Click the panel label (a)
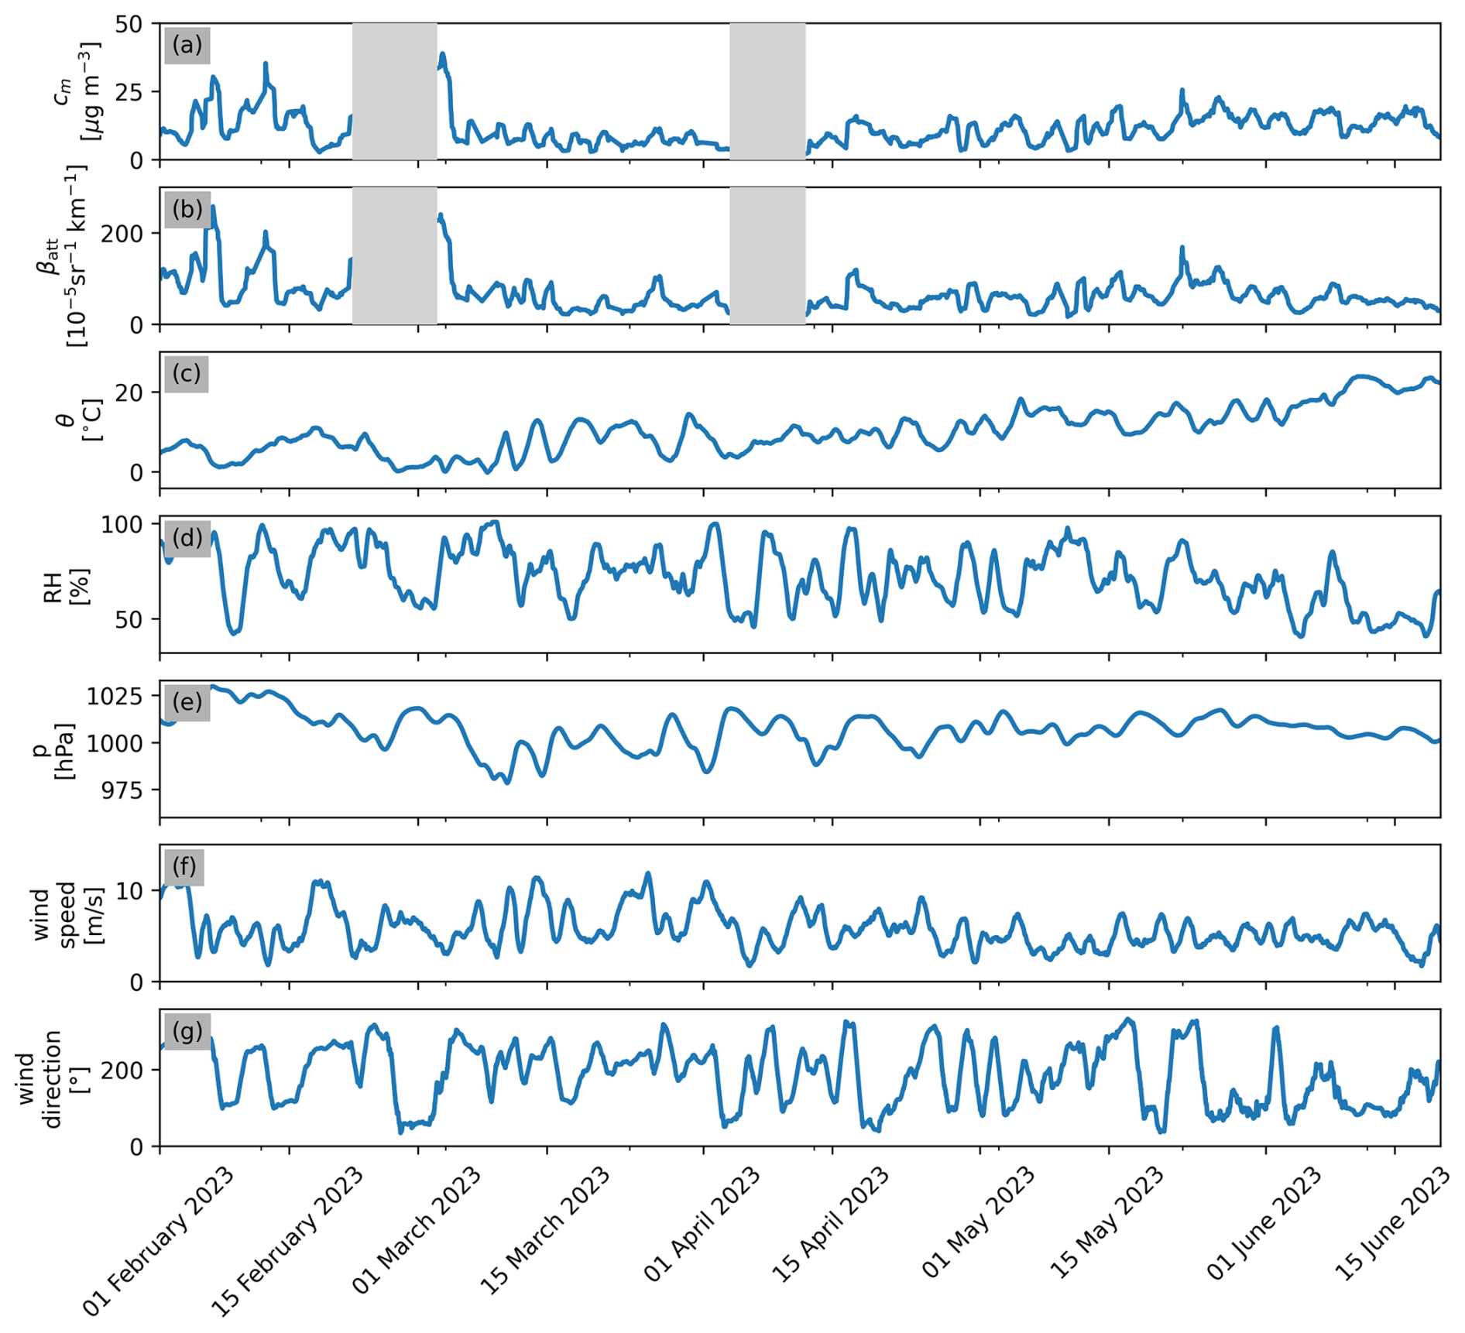click(x=187, y=45)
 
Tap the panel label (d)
click(x=187, y=537)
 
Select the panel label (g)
click(x=187, y=1031)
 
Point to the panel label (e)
click(x=187, y=701)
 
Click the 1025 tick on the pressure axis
click(x=115, y=696)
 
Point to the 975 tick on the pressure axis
click(x=122, y=790)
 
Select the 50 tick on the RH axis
click(x=129, y=619)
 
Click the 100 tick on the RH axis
click(x=122, y=525)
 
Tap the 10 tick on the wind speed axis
click(x=129, y=891)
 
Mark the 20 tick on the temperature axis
click(x=129, y=392)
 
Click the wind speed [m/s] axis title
click(x=70, y=913)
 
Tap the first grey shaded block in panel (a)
click(x=395, y=91)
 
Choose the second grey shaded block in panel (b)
click(x=767, y=255)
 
